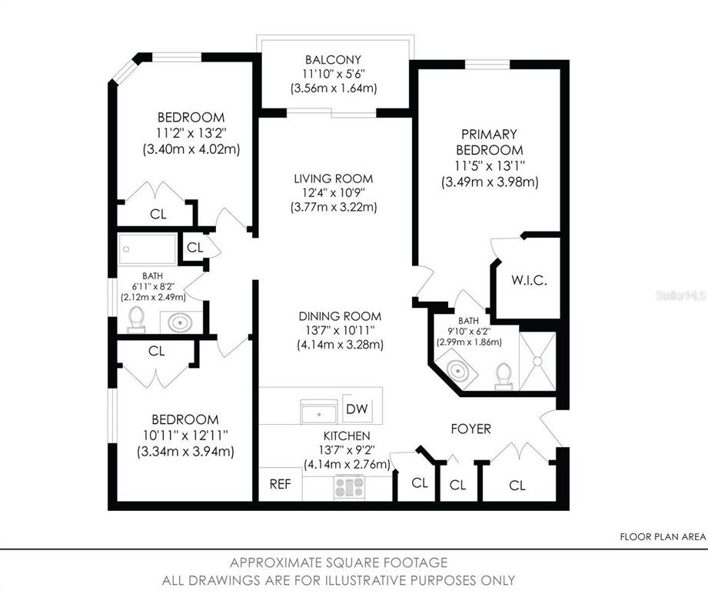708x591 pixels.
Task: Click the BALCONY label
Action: (x=333, y=60)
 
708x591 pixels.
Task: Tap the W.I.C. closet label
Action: (x=529, y=280)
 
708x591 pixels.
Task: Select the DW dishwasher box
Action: (x=357, y=409)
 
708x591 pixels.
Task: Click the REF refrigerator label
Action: (x=280, y=484)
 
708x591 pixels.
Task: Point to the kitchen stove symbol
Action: (x=349, y=487)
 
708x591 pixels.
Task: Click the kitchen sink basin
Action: (x=319, y=412)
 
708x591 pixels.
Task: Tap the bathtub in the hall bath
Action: (x=147, y=249)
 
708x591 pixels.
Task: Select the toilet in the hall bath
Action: (x=136, y=319)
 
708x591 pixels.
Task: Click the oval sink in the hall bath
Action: (x=181, y=322)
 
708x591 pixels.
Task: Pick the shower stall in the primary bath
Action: (x=537, y=362)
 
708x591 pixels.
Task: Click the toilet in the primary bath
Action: (x=504, y=376)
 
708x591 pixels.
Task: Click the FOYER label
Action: (x=471, y=429)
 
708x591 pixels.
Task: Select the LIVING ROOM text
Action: (x=333, y=179)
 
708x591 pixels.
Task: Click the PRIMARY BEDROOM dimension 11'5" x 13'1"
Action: (x=490, y=165)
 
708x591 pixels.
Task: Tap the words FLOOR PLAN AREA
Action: (x=663, y=537)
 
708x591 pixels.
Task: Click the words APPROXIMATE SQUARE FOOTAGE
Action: (x=339, y=563)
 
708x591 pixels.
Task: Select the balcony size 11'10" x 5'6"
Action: (x=333, y=74)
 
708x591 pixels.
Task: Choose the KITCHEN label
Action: (x=347, y=436)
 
